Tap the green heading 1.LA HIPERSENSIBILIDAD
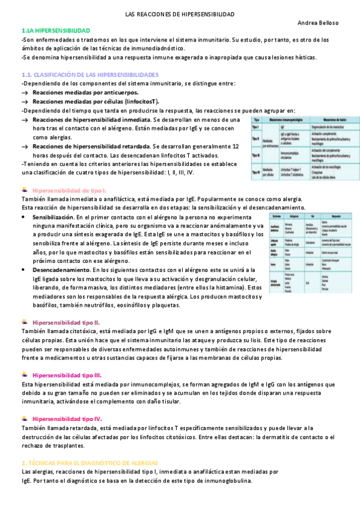click(55, 30)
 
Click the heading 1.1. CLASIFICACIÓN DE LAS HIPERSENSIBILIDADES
click(90, 75)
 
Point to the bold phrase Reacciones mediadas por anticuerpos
click(85, 93)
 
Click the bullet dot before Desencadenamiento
click(23, 271)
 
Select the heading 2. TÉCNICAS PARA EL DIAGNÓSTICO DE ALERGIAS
click(89, 462)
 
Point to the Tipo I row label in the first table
click(256, 127)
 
